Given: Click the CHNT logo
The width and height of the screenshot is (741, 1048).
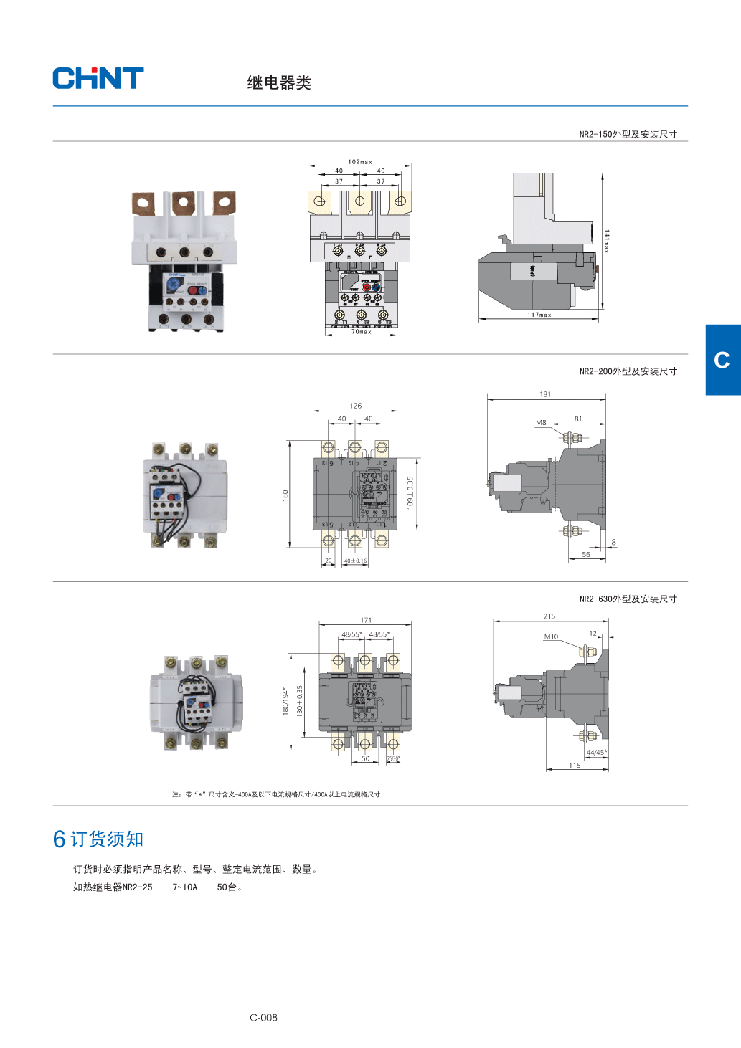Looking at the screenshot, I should [98, 78].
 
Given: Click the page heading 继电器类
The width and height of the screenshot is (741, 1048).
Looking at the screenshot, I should [279, 83].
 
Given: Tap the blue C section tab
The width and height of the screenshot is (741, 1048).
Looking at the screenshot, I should [722, 360].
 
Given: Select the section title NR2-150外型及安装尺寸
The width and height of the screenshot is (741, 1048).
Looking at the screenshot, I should [628, 134].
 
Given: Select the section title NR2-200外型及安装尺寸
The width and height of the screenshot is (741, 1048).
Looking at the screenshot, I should [628, 371].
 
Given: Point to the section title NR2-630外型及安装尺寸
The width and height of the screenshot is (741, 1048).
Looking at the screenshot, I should [628, 599].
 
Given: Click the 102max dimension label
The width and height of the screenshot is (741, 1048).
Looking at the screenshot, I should [360, 162].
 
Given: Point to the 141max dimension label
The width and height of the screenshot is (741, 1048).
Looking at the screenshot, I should [606, 242].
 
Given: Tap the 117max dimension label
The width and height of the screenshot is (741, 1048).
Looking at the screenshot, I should [539, 315].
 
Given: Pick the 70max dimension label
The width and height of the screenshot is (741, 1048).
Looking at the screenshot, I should [361, 331].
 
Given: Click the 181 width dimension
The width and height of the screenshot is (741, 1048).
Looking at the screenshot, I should [545, 394].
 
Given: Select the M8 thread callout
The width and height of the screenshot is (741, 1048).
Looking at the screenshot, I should [541, 423].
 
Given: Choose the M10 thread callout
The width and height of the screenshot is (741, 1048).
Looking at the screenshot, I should [551, 637].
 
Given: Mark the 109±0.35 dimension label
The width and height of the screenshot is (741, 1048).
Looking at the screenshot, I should [410, 492].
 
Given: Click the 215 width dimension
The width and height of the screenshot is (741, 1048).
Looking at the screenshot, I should [549, 616].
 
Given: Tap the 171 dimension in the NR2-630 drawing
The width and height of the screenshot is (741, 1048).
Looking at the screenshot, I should [366, 620].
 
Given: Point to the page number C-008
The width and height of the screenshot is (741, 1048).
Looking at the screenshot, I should [263, 1018].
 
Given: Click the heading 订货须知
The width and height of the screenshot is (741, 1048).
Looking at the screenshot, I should [107, 839].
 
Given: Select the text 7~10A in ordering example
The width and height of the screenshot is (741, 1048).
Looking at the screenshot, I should [184, 887].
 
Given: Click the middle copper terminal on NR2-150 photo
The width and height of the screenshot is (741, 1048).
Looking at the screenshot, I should [183, 203].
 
